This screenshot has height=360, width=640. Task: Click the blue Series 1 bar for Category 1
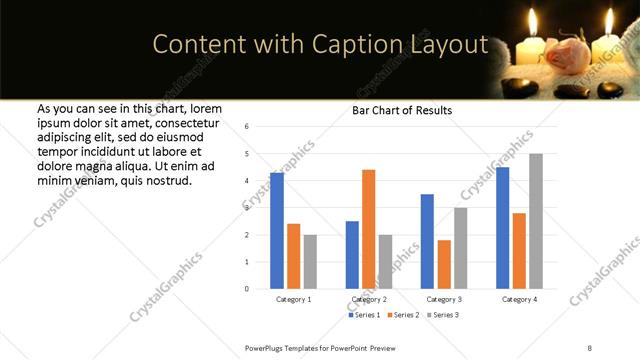pos(277,231)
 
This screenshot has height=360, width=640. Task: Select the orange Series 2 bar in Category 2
pos(368,229)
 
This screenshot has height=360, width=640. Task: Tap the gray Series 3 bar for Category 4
pos(536,221)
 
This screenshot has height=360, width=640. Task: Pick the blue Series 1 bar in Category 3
pos(427,241)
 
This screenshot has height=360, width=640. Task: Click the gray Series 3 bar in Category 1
pos(310,262)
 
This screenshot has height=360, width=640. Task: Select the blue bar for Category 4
pos(502,228)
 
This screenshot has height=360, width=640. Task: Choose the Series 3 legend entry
pos(444,315)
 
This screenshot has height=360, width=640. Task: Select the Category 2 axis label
pos(369,299)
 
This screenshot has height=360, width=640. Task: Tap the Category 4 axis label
pos(519,299)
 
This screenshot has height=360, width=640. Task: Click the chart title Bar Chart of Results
pos(402,110)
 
